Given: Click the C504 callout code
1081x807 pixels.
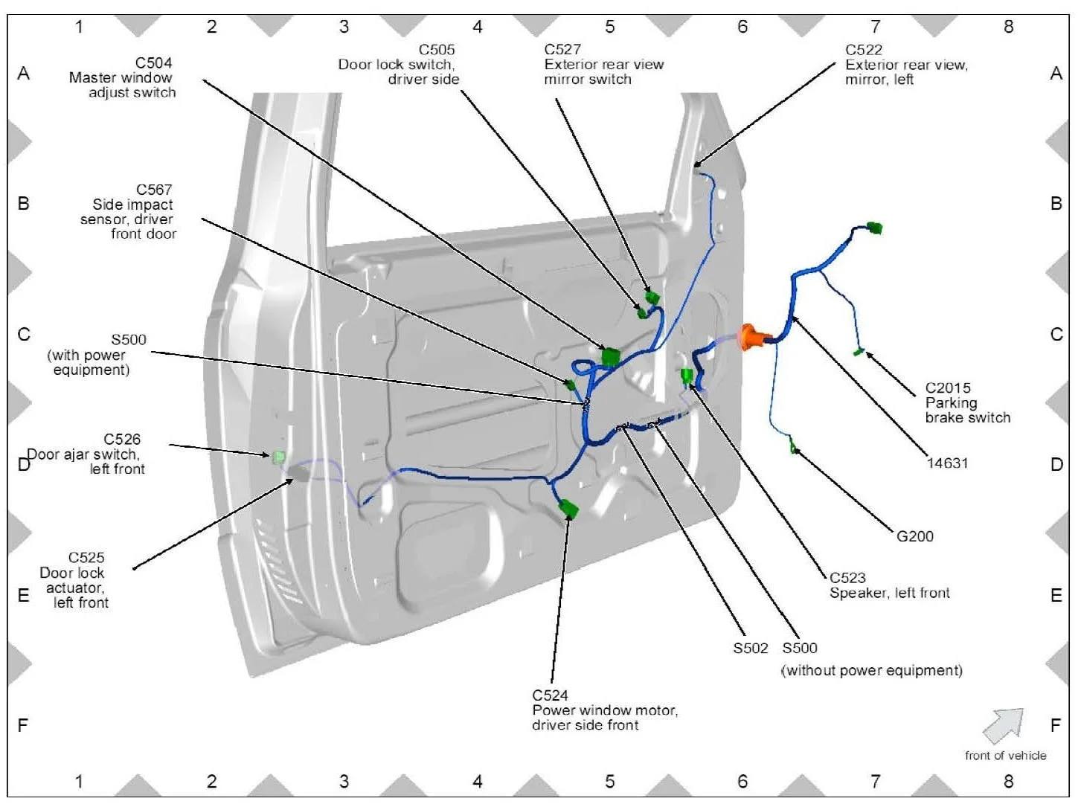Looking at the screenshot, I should click(153, 63).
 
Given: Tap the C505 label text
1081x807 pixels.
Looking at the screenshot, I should click(436, 50).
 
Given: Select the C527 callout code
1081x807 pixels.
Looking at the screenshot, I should click(562, 50).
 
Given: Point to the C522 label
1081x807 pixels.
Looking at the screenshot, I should click(863, 50).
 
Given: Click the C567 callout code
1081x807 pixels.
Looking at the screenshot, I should click(153, 190).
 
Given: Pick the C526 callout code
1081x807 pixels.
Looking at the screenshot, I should click(121, 440).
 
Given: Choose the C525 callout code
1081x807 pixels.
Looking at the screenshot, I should click(86, 558).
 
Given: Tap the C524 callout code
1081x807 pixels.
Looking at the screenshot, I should click(550, 695).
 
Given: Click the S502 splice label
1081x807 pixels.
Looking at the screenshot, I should click(750, 648).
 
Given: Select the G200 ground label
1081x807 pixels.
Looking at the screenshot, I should click(914, 536).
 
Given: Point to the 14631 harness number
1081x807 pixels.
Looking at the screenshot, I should click(947, 463).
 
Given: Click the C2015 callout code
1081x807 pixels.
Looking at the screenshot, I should click(948, 388).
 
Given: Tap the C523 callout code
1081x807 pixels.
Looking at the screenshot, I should click(847, 578).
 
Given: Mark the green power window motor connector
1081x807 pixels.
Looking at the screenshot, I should click(569, 509).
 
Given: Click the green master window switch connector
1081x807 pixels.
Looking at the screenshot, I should click(611, 358).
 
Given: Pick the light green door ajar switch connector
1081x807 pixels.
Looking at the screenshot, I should click(279, 456).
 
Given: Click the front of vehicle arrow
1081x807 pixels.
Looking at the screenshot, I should click(1003, 725).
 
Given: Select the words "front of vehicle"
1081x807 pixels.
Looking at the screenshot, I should click(1005, 756).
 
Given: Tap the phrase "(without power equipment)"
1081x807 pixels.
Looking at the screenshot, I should click(871, 671).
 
